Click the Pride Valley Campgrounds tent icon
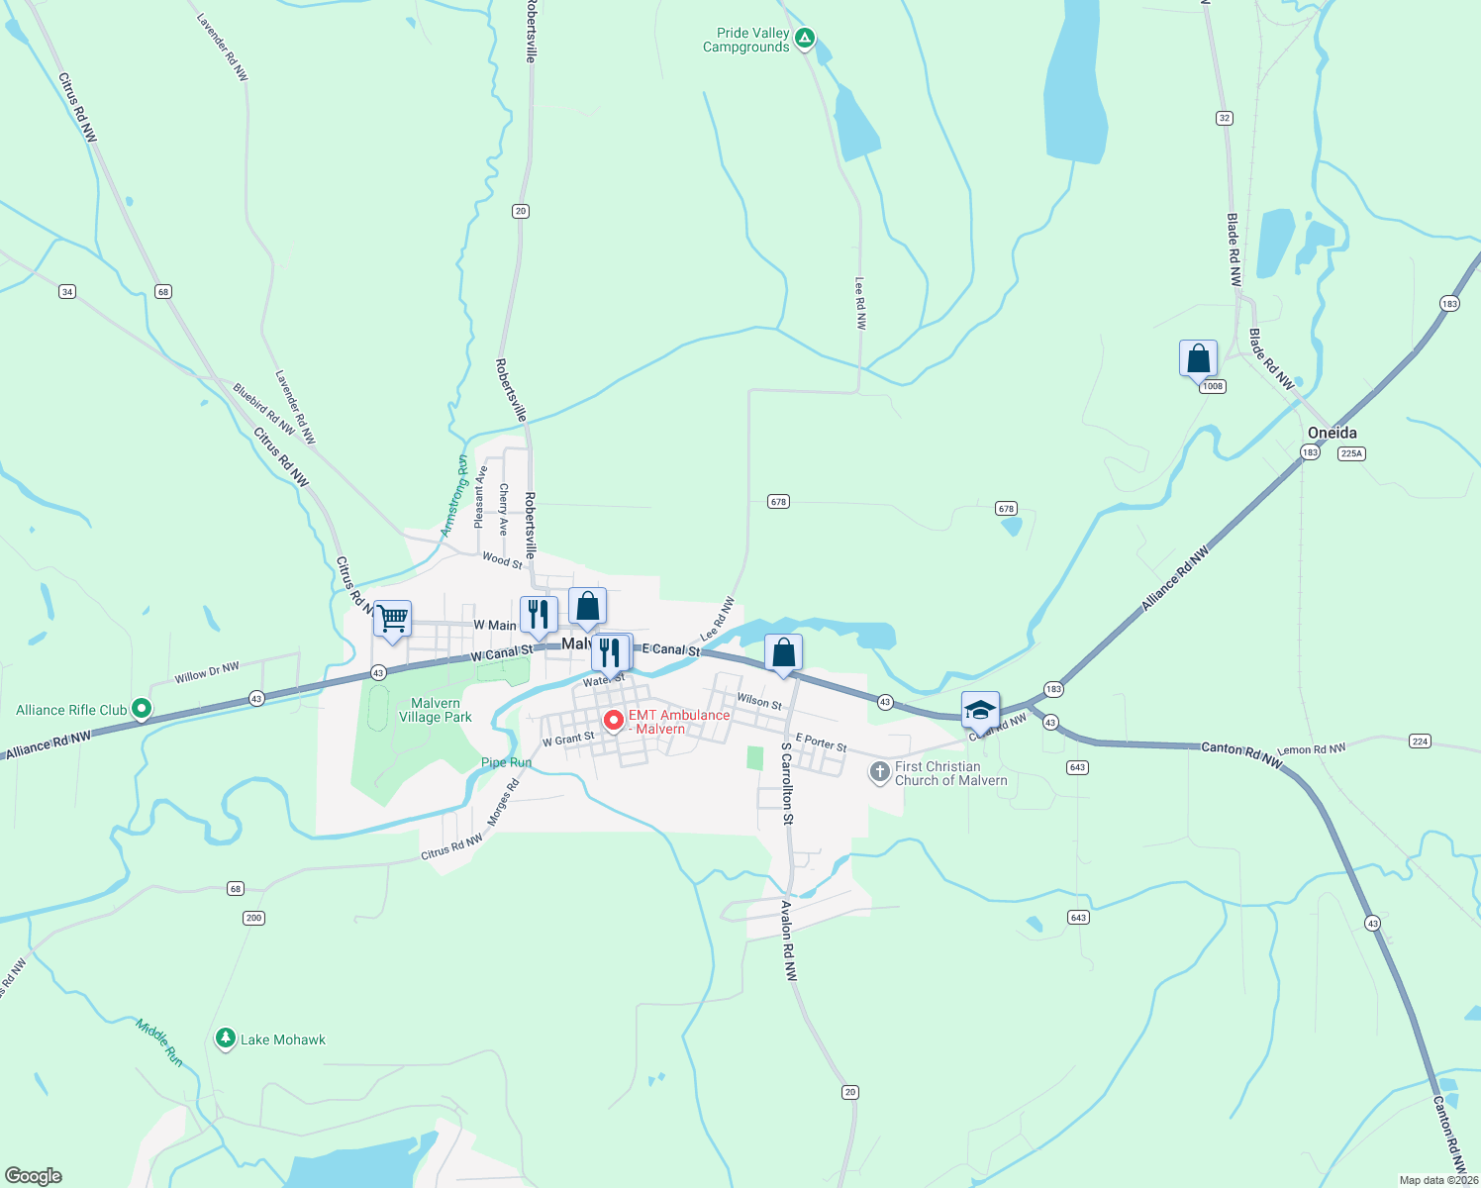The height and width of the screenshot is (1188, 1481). click(x=805, y=39)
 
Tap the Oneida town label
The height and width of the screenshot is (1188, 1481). click(x=1332, y=433)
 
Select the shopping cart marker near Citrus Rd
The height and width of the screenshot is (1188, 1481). click(x=393, y=620)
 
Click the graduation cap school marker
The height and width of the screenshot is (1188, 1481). click(x=980, y=710)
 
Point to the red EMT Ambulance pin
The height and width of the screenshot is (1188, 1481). click(x=613, y=720)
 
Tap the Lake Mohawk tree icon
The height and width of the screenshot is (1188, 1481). click(x=226, y=1039)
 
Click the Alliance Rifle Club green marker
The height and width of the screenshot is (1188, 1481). click(x=142, y=709)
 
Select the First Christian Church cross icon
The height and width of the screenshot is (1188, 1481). click(x=879, y=771)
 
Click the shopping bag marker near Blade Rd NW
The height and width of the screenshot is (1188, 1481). click(x=1198, y=357)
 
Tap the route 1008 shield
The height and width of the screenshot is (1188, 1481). click(x=1213, y=386)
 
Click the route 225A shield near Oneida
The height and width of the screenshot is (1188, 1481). click(x=1351, y=453)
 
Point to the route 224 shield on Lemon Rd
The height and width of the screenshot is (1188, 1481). click(x=1421, y=741)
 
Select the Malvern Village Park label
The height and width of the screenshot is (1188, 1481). click(x=436, y=710)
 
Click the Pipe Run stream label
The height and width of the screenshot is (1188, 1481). click(x=506, y=762)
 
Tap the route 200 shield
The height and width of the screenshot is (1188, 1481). click(x=253, y=918)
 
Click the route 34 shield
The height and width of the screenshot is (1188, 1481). click(x=67, y=291)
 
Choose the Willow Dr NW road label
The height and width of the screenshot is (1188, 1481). click(x=207, y=672)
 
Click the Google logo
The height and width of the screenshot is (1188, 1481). click(x=34, y=1176)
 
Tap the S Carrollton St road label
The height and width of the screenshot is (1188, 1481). click(x=786, y=783)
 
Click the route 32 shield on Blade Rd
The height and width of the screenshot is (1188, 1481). click(x=1225, y=118)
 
